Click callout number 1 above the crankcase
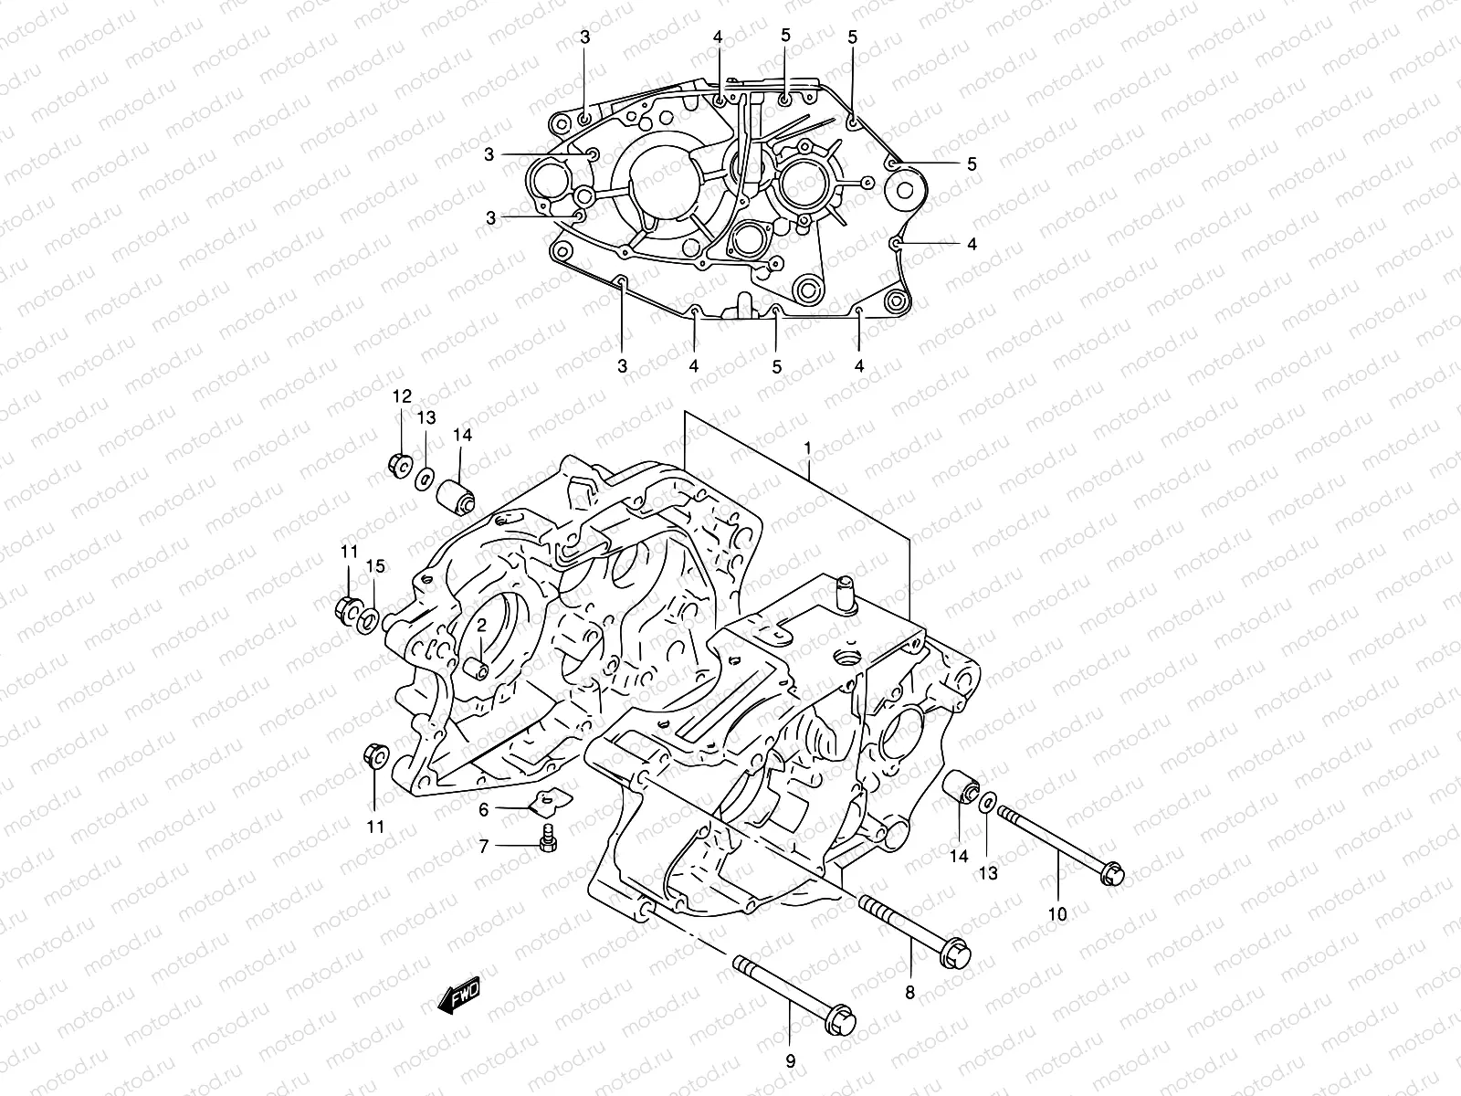807,448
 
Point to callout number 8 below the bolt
909,992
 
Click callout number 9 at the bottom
791,1061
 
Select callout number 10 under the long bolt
1057,912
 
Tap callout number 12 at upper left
403,396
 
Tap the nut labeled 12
398,465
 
